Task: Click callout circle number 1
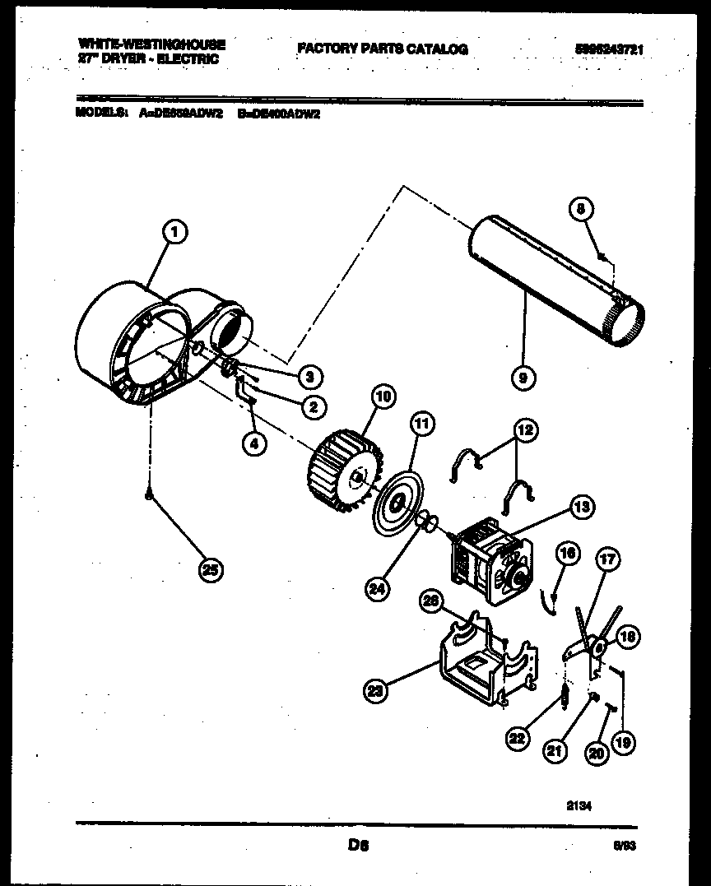click(174, 234)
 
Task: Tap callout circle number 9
click(523, 378)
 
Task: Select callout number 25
click(211, 570)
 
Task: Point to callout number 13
click(583, 508)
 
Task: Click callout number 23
click(377, 691)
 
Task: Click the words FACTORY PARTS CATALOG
click(383, 49)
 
